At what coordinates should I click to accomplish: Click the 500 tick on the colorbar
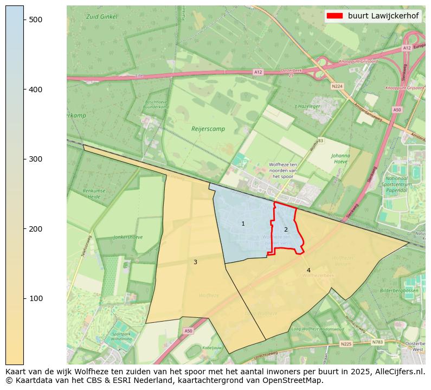[x=24, y=20]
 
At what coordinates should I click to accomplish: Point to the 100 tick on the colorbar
[x=24, y=298]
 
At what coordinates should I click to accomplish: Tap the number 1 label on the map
[x=243, y=223]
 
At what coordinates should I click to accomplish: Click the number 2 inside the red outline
[x=286, y=229]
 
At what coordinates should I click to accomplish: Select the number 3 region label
[x=195, y=262]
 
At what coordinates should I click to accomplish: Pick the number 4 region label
[x=308, y=270]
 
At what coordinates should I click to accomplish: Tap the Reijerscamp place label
[x=208, y=129]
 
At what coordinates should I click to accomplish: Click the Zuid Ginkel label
[x=101, y=17]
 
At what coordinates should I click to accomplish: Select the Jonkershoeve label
[x=128, y=237]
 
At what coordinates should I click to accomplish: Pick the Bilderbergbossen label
[x=399, y=291]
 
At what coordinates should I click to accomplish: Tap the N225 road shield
[x=346, y=344]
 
